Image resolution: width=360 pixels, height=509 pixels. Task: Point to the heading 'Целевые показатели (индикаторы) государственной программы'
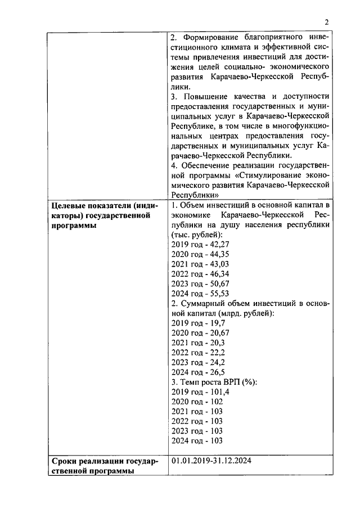[105, 215]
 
